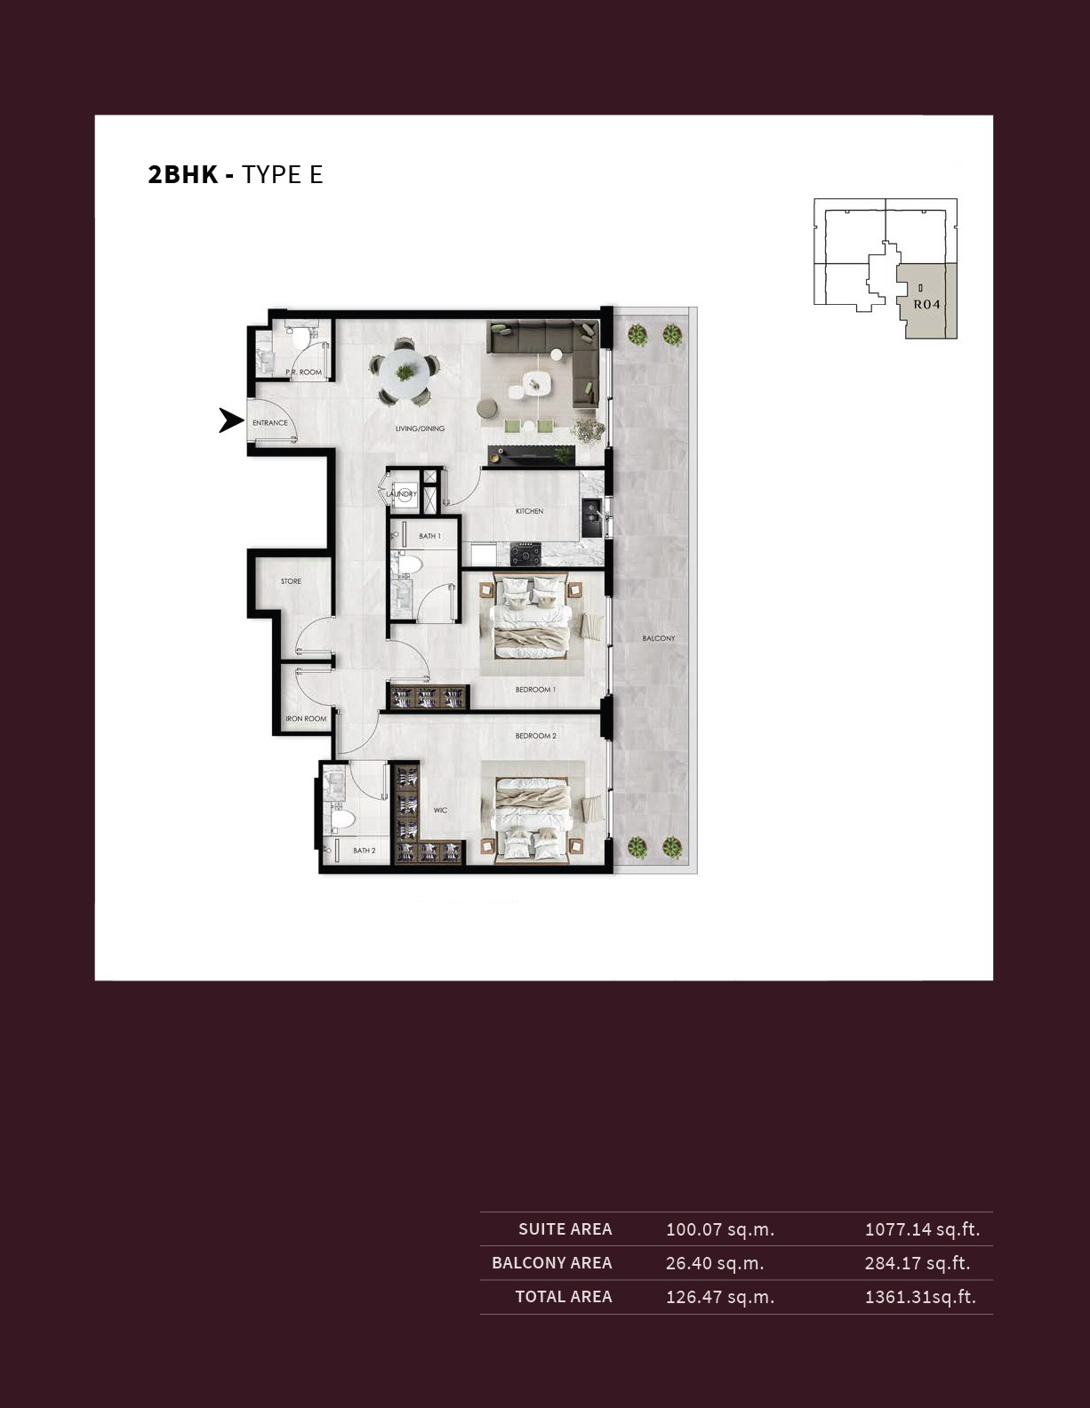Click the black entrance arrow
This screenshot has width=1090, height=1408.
[230, 420]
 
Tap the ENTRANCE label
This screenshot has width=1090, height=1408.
[270, 423]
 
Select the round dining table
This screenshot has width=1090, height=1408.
[405, 372]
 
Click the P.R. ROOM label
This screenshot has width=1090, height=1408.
[303, 372]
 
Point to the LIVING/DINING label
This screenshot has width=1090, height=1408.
[420, 428]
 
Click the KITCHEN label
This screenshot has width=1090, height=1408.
[530, 511]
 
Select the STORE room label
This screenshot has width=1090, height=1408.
[291, 581]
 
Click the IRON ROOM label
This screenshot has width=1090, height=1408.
[306, 718]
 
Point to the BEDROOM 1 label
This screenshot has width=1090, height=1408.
[536, 690]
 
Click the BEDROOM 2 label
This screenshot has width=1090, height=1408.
[536, 736]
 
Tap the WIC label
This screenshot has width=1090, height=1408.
[441, 811]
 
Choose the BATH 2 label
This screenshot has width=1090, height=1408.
[365, 851]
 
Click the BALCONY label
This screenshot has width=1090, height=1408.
[659, 638]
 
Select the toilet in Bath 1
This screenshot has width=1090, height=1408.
[408, 564]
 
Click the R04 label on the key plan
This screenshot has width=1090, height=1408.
[926, 304]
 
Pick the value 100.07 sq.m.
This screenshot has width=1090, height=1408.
[720, 1230]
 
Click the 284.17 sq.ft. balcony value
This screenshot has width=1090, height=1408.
[917, 1263]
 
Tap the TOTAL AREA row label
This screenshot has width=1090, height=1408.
[564, 1297]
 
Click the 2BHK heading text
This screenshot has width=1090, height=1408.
[183, 175]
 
